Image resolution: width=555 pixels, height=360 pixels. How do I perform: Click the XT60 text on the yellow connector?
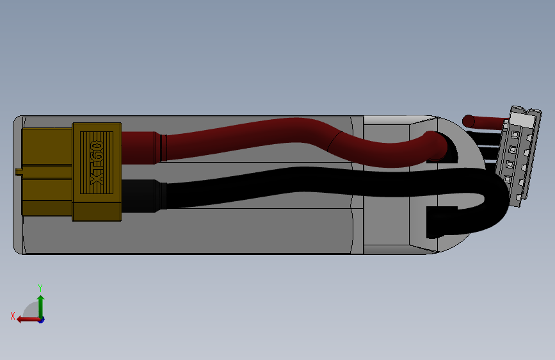97,164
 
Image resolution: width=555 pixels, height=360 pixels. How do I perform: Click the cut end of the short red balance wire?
468,120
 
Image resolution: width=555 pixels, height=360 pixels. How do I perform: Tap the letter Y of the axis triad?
40,288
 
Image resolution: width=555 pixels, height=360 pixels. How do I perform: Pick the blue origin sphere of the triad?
41,319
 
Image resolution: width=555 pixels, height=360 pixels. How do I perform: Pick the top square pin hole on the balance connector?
515,135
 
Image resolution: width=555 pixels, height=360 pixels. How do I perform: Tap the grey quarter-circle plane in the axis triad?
31,312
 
